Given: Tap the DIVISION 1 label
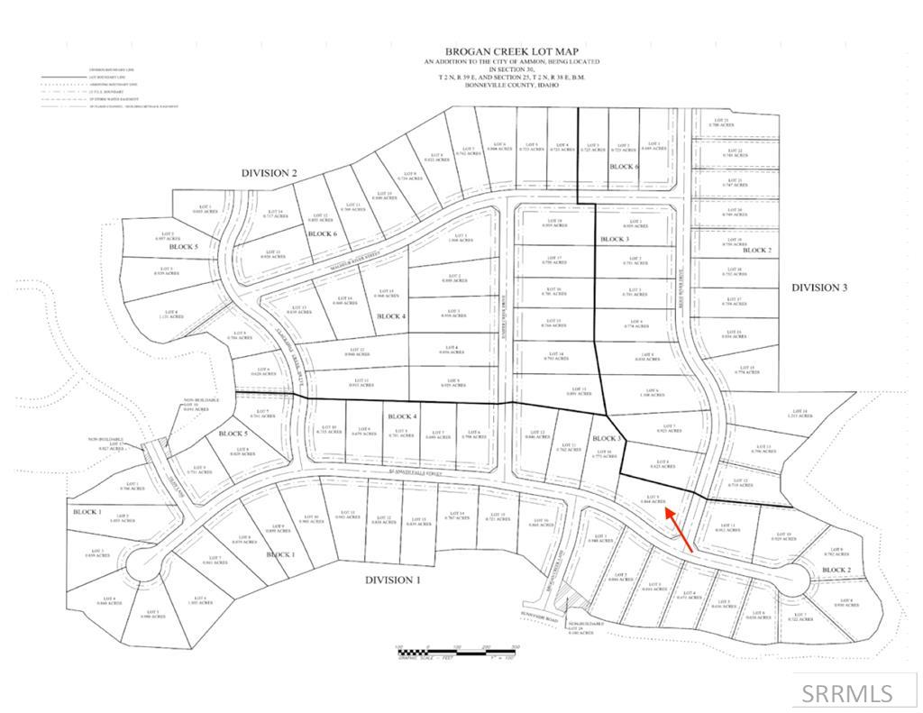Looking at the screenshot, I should (x=392, y=580).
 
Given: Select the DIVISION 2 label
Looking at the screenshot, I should (x=269, y=172).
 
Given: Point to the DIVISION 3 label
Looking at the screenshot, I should (x=819, y=288).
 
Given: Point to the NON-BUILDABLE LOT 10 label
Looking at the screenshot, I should (x=196, y=405).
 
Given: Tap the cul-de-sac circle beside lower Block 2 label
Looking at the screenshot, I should (x=792, y=577).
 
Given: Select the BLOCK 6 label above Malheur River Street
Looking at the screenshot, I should (x=322, y=233).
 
